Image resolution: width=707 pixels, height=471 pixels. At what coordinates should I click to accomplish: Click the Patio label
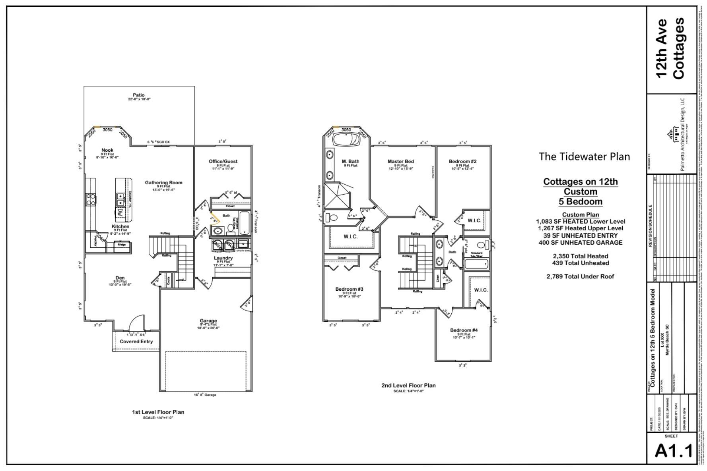click(x=139, y=95)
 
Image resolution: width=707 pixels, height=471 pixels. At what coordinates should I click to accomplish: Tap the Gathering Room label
click(x=163, y=183)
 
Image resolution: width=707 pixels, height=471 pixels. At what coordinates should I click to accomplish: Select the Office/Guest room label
click(x=223, y=161)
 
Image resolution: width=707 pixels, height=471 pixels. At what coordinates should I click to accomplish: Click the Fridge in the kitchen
click(x=122, y=245)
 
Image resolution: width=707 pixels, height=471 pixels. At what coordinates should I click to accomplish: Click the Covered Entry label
click(x=136, y=342)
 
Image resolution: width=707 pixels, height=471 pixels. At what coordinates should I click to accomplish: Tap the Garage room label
click(x=208, y=321)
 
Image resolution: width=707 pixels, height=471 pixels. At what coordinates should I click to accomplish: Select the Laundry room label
click(x=223, y=258)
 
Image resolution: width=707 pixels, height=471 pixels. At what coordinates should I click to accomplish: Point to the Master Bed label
click(x=400, y=161)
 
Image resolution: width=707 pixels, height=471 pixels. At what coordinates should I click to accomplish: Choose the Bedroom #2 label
click(x=462, y=161)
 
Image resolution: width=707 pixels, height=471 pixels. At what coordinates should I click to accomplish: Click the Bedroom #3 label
click(x=349, y=289)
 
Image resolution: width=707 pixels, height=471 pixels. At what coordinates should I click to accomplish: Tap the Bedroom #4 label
click(x=464, y=330)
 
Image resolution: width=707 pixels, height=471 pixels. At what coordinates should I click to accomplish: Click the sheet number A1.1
click(x=673, y=451)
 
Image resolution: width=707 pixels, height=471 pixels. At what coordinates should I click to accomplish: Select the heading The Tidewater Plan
click(x=584, y=156)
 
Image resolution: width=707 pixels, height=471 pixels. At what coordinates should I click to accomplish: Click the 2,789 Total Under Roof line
click(x=580, y=276)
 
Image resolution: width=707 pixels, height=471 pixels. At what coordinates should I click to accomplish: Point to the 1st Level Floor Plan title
click(x=158, y=412)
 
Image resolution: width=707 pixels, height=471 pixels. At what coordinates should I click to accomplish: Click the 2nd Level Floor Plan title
click(x=408, y=385)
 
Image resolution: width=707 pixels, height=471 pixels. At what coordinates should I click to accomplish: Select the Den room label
click(x=120, y=278)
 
